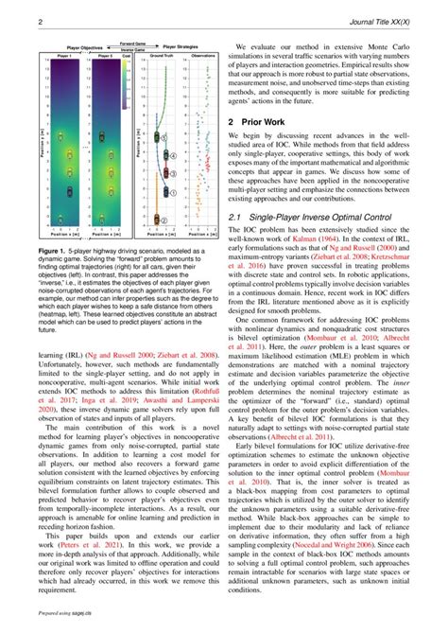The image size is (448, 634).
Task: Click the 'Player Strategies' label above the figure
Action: pyautogui.click(x=185, y=45)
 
